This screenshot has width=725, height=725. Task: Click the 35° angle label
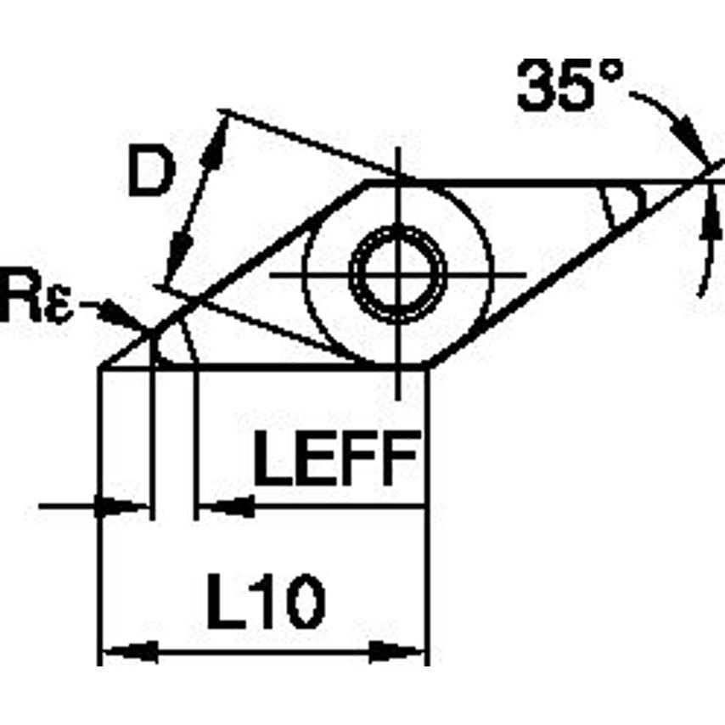click(x=570, y=85)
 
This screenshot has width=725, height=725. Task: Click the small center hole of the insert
click(x=397, y=274)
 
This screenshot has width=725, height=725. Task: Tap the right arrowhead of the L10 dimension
click(x=398, y=653)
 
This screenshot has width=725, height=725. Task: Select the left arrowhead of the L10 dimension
click(x=127, y=653)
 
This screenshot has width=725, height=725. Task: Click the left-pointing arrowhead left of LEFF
click(x=229, y=508)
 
